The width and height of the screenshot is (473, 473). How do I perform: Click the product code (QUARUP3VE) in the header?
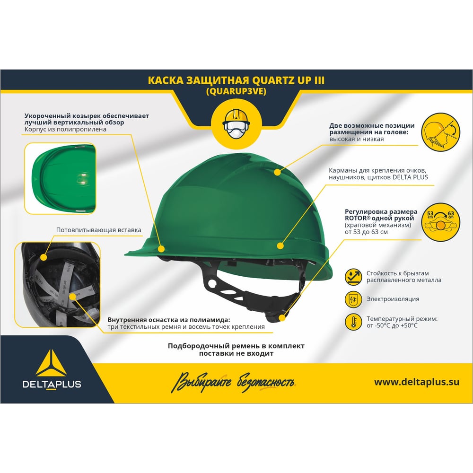236,91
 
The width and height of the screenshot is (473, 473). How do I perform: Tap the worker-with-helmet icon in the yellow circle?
236,124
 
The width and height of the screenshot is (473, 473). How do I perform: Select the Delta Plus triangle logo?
52,363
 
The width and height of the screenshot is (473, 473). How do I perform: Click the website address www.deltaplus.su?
417,382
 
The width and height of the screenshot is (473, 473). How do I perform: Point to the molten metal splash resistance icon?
353,277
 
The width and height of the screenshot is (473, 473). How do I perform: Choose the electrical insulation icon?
353,299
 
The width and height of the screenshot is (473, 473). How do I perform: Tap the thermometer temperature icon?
353,322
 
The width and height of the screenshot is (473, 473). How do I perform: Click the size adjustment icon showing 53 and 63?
440,222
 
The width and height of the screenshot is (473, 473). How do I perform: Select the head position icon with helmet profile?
440,132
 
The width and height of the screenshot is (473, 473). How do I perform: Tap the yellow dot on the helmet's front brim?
161,249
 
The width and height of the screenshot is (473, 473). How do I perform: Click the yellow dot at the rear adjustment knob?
282,318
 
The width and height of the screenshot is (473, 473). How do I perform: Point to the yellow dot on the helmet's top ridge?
277,172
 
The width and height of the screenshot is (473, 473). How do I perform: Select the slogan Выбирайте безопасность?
234,383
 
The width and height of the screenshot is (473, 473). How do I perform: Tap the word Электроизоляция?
393,299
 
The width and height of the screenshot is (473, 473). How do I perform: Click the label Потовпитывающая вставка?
99,230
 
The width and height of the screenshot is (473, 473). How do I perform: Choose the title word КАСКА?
165,80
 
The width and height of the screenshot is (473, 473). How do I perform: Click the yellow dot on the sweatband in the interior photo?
44,257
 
